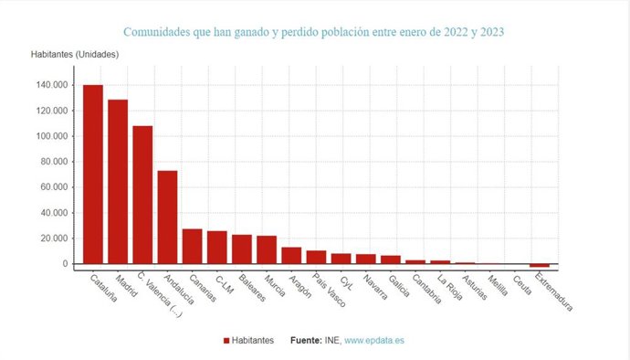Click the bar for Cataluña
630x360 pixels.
93,174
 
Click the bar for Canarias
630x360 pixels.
192,246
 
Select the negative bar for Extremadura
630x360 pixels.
540,266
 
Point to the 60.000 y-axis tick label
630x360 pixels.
53,187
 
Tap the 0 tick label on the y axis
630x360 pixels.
65,264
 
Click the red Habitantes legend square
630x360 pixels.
226,341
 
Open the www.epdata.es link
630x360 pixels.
374,341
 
